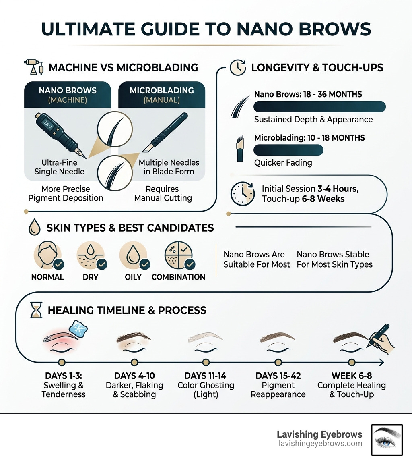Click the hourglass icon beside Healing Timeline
(x=36, y=311)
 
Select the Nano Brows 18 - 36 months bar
(x=319, y=106)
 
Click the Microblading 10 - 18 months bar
(x=288, y=149)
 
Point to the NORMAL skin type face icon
(x=47, y=255)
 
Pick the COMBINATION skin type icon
(x=179, y=255)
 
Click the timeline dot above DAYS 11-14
(x=206, y=362)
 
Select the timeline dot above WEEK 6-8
(x=352, y=362)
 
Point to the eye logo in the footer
(x=386, y=440)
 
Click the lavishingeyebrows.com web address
(x=319, y=444)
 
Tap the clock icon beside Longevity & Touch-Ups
(x=237, y=67)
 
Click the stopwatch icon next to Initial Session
(x=243, y=193)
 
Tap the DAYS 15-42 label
(x=278, y=376)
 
